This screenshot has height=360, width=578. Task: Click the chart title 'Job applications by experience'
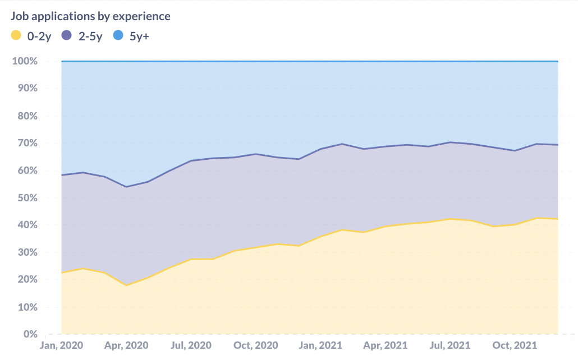[x=90, y=16]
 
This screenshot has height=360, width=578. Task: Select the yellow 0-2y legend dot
[x=16, y=36]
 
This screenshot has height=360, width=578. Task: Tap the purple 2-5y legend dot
[x=67, y=36]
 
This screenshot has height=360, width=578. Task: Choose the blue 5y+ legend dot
[x=118, y=36]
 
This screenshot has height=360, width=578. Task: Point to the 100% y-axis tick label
[x=25, y=61]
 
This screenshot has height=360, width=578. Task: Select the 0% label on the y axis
[x=30, y=334]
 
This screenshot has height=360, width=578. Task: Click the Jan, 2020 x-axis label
[x=61, y=345]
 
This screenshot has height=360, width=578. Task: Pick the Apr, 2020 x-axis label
[x=126, y=345]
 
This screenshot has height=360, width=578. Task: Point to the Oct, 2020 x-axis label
[x=255, y=345]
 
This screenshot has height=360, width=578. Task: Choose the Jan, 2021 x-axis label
[x=320, y=345]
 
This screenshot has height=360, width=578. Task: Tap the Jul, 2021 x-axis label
[x=450, y=345]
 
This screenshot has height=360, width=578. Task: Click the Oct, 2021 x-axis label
[x=515, y=345]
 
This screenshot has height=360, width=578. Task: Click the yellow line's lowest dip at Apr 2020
[x=126, y=285]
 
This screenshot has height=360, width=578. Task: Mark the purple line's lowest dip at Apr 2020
[x=126, y=187]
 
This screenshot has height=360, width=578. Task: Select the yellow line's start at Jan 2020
[x=62, y=273]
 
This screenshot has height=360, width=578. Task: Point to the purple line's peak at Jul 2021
[x=450, y=142]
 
